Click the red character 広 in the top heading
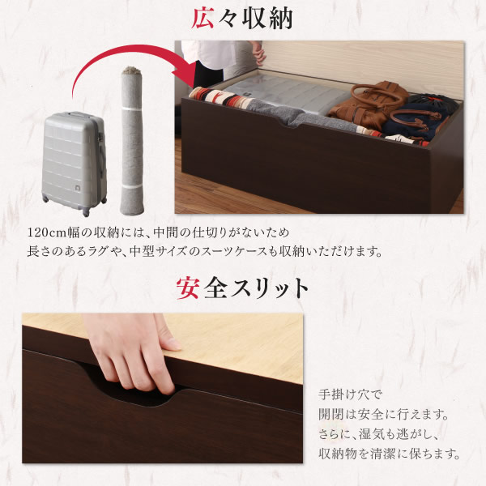(x=202, y=19)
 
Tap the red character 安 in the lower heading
(x=188, y=288)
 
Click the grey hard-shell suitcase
(x=75, y=163)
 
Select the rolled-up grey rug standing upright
(x=132, y=141)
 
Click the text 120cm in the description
(x=47, y=232)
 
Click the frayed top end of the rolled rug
(x=130, y=70)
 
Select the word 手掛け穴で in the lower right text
(x=351, y=395)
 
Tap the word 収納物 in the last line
(x=338, y=454)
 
